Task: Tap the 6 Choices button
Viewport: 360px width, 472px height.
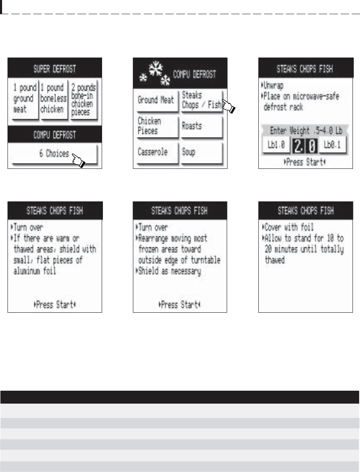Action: (x=55, y=154)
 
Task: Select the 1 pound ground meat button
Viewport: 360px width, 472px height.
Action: (x=25, y=99)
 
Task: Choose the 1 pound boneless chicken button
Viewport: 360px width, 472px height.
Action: (x=53, y=99)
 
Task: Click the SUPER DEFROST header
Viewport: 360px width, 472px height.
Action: (x=55, y=69)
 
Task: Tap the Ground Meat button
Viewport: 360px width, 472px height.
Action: (x=156, y=100)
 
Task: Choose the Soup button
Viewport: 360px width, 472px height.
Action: (x=202, y=153)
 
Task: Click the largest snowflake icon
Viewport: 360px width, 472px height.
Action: (x=156, y=69)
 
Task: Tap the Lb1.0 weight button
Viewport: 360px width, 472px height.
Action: (x=276, y=145)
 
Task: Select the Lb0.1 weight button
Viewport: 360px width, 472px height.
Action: (x=332, y=145)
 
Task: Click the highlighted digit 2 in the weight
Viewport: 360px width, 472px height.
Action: (x=298, y=146)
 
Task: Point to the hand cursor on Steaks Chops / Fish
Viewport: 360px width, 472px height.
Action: (x=229, y=106)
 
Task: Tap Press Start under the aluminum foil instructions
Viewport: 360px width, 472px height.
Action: (x=55, y=305)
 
